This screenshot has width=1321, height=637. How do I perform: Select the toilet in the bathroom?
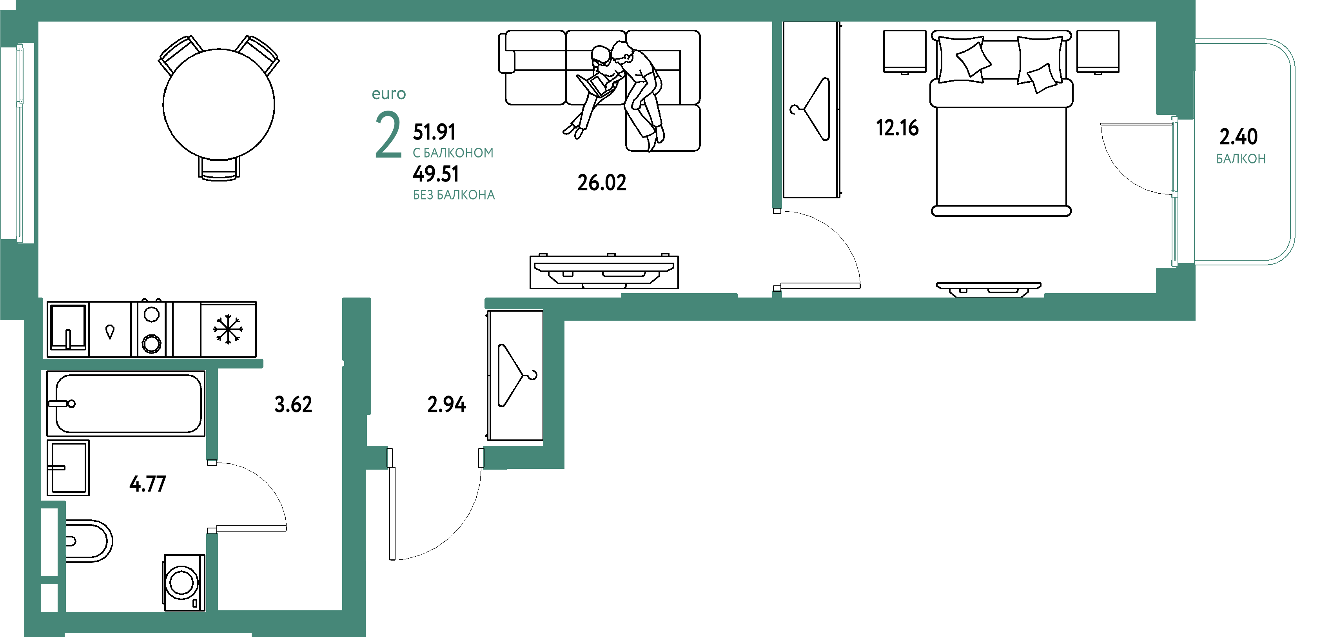(x=88, y=541)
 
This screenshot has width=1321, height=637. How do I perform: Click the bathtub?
(x=126, y=403)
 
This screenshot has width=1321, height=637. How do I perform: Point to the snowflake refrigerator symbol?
(x=228, y=329)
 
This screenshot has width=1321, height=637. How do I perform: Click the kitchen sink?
(x=68, y=328)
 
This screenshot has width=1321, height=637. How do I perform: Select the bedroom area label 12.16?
(x=897, y=128)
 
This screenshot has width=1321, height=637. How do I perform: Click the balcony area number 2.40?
(x=1238, y=136)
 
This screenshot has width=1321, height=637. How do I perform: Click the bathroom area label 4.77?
(x=148, y=484)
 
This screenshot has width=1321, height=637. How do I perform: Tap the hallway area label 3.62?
(x=293, y=404)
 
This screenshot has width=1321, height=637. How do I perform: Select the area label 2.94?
(x=446, y=404)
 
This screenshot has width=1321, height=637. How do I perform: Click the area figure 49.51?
(x=436, y=174)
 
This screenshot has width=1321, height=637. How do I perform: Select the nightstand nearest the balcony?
(x=1098, y=51)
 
